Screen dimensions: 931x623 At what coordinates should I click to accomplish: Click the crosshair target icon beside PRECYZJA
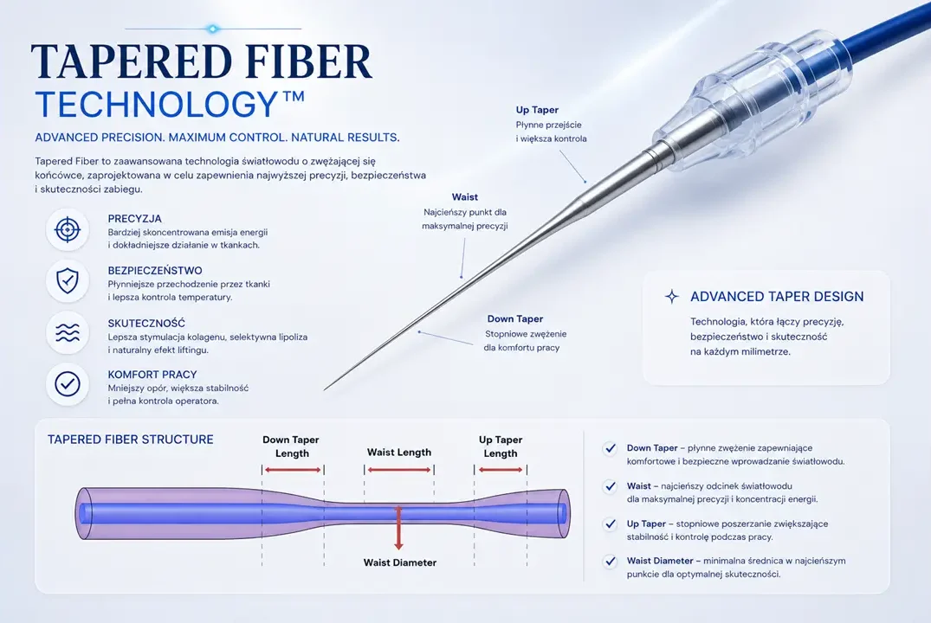click(67, 229)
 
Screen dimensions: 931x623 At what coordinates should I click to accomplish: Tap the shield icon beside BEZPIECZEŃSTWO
click(67, 280)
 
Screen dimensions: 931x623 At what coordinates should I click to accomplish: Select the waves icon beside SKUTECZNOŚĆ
click(67, 333)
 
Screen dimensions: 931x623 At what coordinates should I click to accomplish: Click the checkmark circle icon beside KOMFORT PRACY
click(67, 384)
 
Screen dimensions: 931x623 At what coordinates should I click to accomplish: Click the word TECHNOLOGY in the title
click(157, 104)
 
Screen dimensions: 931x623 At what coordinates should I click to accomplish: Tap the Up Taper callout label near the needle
click(537, 110)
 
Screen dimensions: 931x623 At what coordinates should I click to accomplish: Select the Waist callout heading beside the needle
click(464, 197)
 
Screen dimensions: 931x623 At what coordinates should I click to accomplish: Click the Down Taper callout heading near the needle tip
click(514, 318)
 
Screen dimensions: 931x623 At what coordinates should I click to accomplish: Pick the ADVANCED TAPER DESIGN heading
click(777, 297)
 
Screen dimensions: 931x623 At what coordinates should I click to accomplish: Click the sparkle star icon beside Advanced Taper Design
click(671, 297)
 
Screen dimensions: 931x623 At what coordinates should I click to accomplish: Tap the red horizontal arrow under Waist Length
click(399, 470)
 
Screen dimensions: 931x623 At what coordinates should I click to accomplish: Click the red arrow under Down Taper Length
click(293, 470)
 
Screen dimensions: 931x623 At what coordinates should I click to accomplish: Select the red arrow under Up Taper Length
click(501, 470)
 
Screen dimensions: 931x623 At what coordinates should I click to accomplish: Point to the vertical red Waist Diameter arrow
click(398, 528)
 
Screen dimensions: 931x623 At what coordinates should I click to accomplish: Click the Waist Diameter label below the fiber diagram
click(399, 562)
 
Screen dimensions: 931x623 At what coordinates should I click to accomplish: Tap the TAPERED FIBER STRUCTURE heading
click(131, 440)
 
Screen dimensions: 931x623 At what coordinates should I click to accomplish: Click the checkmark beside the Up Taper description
click(610, 523)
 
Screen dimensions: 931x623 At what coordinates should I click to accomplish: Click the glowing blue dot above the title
click(212, 29)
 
